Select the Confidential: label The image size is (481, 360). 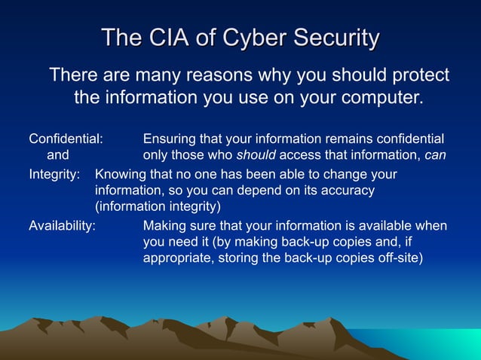(x=66, y=139)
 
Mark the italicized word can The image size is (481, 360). (x=435, y=156)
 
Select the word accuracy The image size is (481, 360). (x=349, y=191)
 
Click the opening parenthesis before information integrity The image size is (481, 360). (x=97, y=206)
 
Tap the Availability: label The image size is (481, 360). (x=62, y=225)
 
